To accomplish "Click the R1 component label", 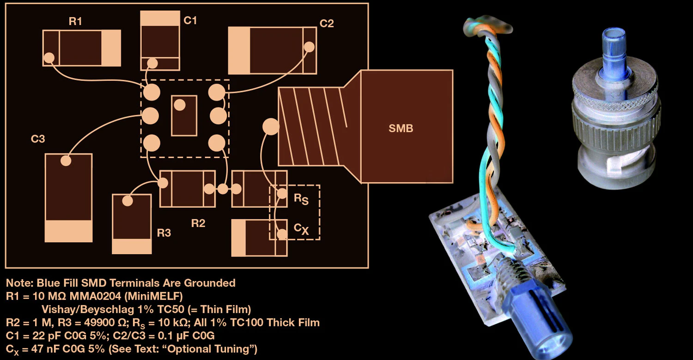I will point(75,22).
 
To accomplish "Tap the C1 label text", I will point(190,20).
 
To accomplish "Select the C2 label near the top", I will point(327,24).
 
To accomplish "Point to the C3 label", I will point(38,139).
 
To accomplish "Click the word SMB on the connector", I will point(401,129).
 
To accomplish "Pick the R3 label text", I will point(164,233).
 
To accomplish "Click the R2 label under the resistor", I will point(198,224).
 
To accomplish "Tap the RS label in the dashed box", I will point(300,199).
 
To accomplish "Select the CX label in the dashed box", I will point(301,228).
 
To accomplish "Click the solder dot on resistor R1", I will point(49,58).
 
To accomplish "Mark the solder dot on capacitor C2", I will point(309,47).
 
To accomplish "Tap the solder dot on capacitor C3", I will point(66,160).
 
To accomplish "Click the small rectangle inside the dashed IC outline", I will point(184,116).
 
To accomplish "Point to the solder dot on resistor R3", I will point(128,201).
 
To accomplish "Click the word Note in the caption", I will point(17,283).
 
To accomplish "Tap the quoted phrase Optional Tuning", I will point(219,348).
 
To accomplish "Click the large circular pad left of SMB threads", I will point(270,126).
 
